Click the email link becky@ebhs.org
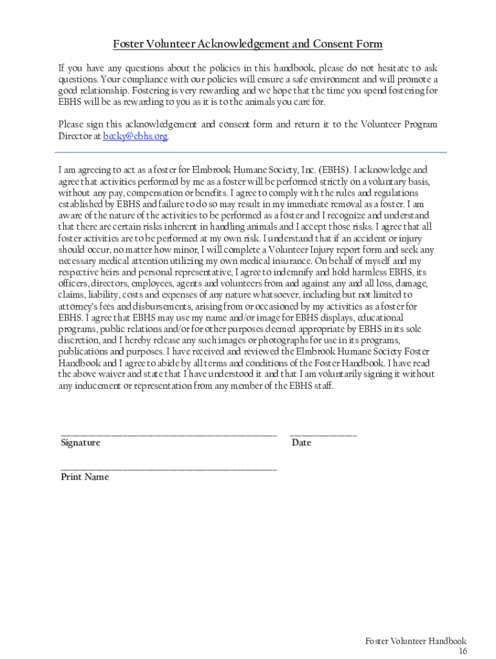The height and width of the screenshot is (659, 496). coord(136,136)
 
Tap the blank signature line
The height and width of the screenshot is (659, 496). coord(169,436)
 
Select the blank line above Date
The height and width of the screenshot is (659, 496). coord(323,436)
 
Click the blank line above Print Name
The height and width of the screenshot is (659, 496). coord(169,470)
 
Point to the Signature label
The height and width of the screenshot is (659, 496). coord(81,443)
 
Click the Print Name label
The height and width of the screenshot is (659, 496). coord(84,477)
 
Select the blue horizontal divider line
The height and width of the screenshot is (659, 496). coord(251,153)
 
